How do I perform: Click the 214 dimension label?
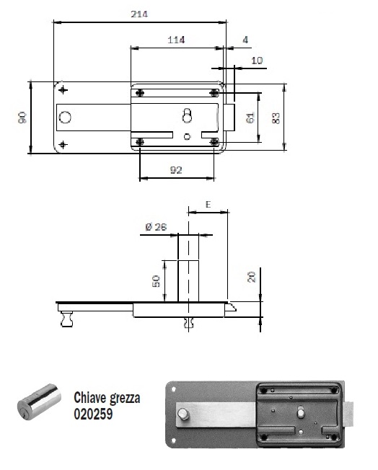(x=139, y=14)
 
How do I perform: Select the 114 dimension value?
(x=176, y=40)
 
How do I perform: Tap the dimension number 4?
(x=245, y=40)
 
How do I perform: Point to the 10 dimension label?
(x=257, y=61)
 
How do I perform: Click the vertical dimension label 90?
(x=22, y=117)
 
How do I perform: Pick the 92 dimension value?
(x=176, y=170)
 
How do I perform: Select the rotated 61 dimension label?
(x=250, y=117)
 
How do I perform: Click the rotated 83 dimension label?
(x=276, y=117)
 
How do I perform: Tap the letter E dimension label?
(x=208, y=205)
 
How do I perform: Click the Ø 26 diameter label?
(x=156, y=227)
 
